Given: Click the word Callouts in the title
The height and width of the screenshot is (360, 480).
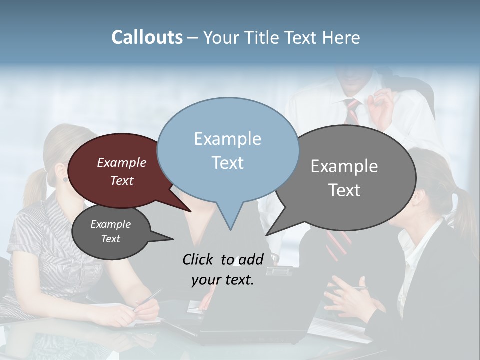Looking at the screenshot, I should (x=147, y=38).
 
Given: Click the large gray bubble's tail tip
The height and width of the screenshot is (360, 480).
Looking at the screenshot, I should (x=267, y=235).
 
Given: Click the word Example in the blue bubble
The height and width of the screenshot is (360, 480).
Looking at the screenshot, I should (x=227, y=139).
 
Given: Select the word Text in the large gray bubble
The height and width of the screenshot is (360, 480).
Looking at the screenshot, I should (x=344, y=190).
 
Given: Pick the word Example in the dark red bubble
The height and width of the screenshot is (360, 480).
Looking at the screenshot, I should (x=122, y=163).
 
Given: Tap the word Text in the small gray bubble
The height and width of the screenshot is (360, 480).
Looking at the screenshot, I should (x=111, y=239).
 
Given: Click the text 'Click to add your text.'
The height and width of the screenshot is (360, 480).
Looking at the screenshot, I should (x=223, y=270).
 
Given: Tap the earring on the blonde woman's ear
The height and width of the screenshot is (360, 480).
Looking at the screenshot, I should (x=65, y=179).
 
